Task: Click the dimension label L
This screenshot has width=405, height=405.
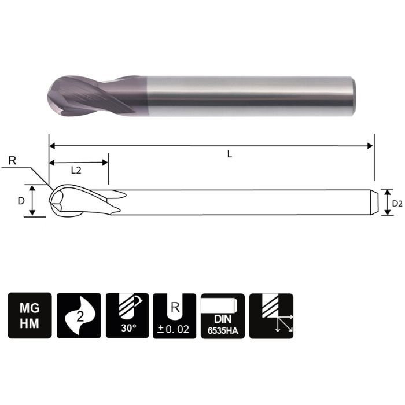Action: pyautogui.click(x=230, y=154)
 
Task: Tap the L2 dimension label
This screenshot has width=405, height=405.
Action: pyautogui.click(x=76, y=171)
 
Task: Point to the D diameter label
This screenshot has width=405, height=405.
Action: pyautogui.click(x=21, y=201)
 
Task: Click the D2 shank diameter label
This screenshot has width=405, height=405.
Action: pyautogui.click(x=397, y=203)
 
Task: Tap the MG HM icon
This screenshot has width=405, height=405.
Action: pyautogui.click(x=30, y=315)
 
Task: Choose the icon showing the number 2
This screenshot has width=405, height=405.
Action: pyautogui.click(x=79, y=315)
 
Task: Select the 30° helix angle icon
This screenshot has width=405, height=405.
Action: pyautogui.click(x=127, y=315)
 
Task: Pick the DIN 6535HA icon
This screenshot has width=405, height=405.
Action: pyautogui.click(x=223, y=315)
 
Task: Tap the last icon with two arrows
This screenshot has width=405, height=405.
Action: pyautogui.click(x=271, y=315)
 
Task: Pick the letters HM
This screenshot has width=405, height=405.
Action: pyautogui.click(x=30, y=324)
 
